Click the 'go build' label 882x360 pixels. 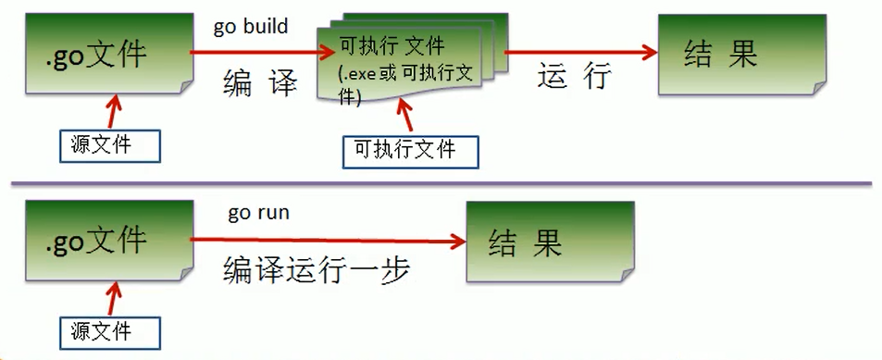pos(251,27)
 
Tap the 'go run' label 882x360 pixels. pos(258,213)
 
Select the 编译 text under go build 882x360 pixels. pos(260,84)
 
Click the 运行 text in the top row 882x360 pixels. pos(574,78)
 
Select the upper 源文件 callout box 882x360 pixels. pos(108,145)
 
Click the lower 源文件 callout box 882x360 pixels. pos(108,330)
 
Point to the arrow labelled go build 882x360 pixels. pos(255,53)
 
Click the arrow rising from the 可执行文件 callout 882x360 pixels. pos(404,116)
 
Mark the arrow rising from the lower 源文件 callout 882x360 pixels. pos(113,298)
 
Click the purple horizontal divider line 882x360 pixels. pos(441,183)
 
